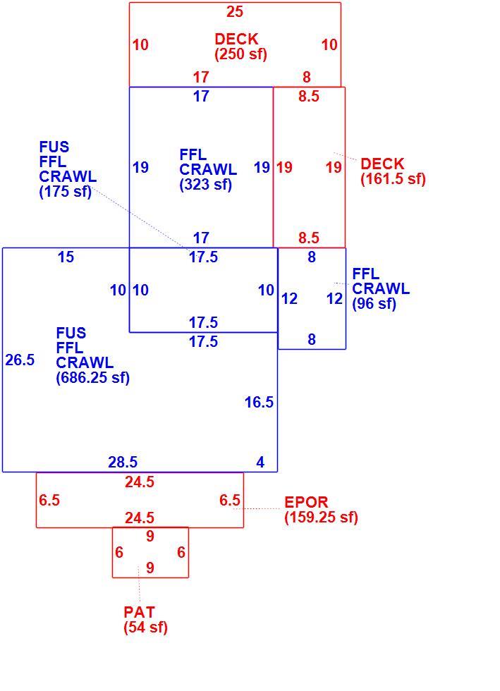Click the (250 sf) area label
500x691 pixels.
[x=240, y=54]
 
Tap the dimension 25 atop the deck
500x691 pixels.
[x=235, y=11]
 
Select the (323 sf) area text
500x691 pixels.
[x=205, y=184]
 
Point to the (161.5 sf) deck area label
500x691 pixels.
[x=394, y=179]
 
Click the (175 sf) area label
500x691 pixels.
[x=66, y=192]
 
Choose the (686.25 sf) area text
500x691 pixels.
[x=92, y=378]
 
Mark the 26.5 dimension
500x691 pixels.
[x=20, y=360]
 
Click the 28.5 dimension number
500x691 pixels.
[x=123, y=462]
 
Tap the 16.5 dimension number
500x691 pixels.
[x=260, y=402]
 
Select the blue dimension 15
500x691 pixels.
[x=66, y=257]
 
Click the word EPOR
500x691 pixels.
[x=306, y=502]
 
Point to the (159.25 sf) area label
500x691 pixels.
[x=321, y=518]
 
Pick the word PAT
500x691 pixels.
[x=140, y=612]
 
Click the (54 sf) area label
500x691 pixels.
[x=145, y=627]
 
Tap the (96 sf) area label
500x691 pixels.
[x=374, y=304]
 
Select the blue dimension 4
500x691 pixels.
[x=261, y=462]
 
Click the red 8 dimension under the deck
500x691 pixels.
[x=307, y=77]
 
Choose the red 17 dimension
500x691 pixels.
[x=200, y=77]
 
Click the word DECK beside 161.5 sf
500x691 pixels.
[x=382, y=164]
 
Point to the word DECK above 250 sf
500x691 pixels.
[x=236, y=39]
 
